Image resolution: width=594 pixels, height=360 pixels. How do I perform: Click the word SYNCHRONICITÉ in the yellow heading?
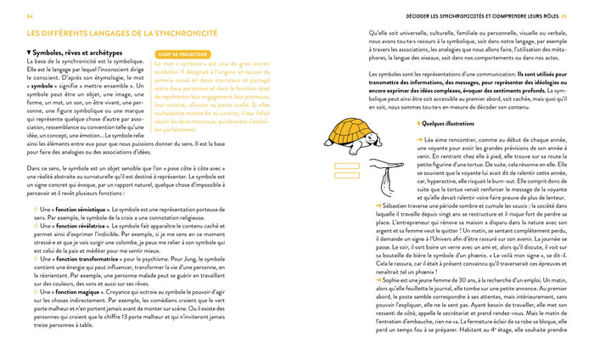[172, 35]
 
